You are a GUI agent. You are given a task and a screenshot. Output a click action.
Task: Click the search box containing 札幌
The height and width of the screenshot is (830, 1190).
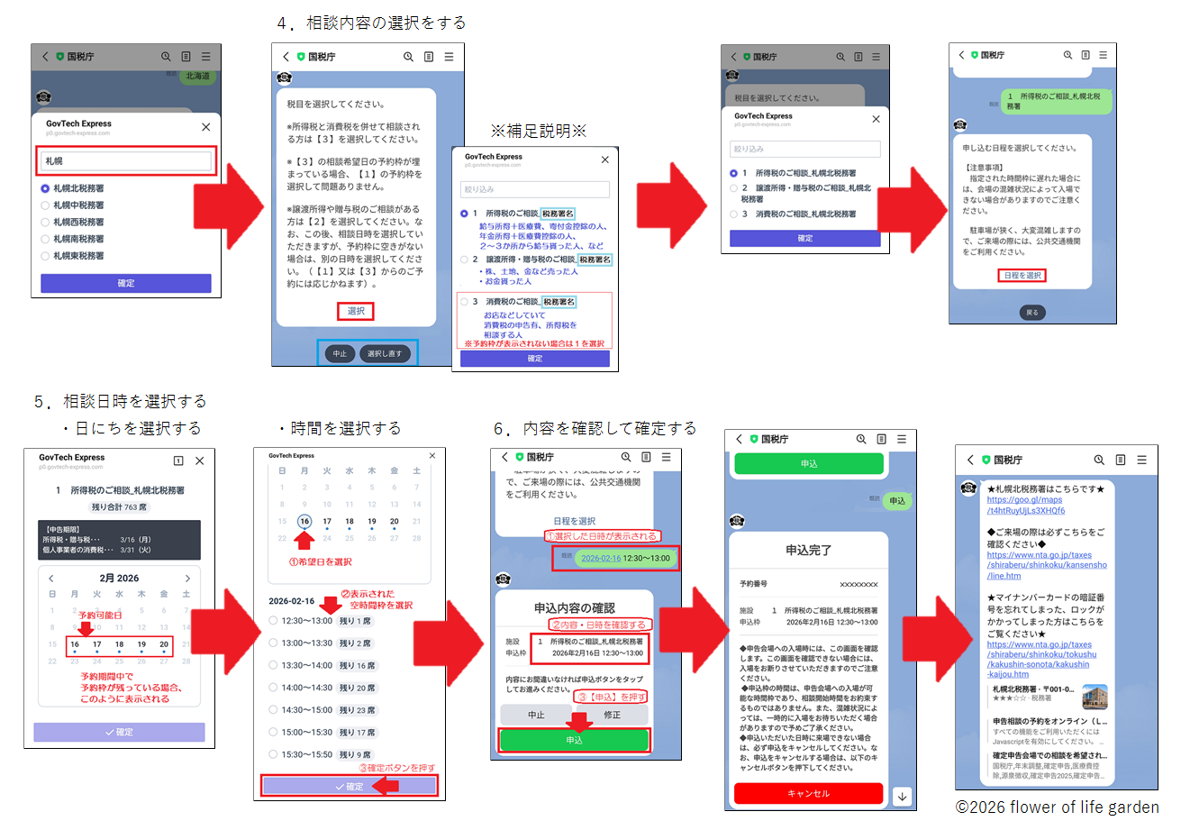[x=126, y=161]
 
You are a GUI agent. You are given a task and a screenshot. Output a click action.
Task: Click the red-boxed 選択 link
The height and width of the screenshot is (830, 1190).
[x=356, y=311]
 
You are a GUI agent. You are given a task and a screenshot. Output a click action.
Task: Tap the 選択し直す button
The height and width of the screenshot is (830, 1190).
[x=385, y=353]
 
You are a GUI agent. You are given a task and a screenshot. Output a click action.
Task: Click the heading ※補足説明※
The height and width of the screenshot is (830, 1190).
[x=538, y=132]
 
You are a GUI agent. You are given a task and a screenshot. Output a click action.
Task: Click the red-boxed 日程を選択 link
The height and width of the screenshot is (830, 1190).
[x=1022, y=275]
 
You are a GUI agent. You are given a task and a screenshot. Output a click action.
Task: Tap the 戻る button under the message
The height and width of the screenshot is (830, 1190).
[x=1031, y=312]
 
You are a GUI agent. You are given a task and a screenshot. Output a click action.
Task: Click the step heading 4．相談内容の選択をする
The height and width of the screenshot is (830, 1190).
[x=371, y=23]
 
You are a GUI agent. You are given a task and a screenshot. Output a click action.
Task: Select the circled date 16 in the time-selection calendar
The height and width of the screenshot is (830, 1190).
[x=304, y=521]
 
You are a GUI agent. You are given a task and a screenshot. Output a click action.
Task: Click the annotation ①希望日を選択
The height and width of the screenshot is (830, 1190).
[x=320, y=561]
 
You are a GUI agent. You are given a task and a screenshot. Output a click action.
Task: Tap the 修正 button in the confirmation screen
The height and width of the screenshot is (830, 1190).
[x=612, y=715]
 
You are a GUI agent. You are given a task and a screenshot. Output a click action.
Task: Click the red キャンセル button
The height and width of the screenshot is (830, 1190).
[x=808, y=793]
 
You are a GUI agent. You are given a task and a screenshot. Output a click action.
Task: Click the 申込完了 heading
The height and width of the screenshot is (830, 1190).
[x=808, y=550]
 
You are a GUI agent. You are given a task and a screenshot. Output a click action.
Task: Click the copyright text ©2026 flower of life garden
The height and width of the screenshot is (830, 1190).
[x=1057, y=807]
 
